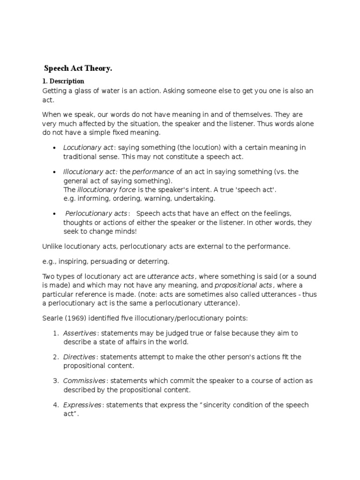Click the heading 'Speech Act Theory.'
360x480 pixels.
point(78,68)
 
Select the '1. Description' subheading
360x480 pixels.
point(63,81)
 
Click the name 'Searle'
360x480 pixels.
point(53,318)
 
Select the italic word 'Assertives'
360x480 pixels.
point(80,333)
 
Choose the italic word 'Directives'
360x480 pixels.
point(79,357)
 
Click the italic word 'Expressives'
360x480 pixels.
point(82,405)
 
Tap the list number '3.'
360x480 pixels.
point(55,381)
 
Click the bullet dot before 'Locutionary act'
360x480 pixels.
point(56,148)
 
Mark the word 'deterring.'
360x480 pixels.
point(154,261)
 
